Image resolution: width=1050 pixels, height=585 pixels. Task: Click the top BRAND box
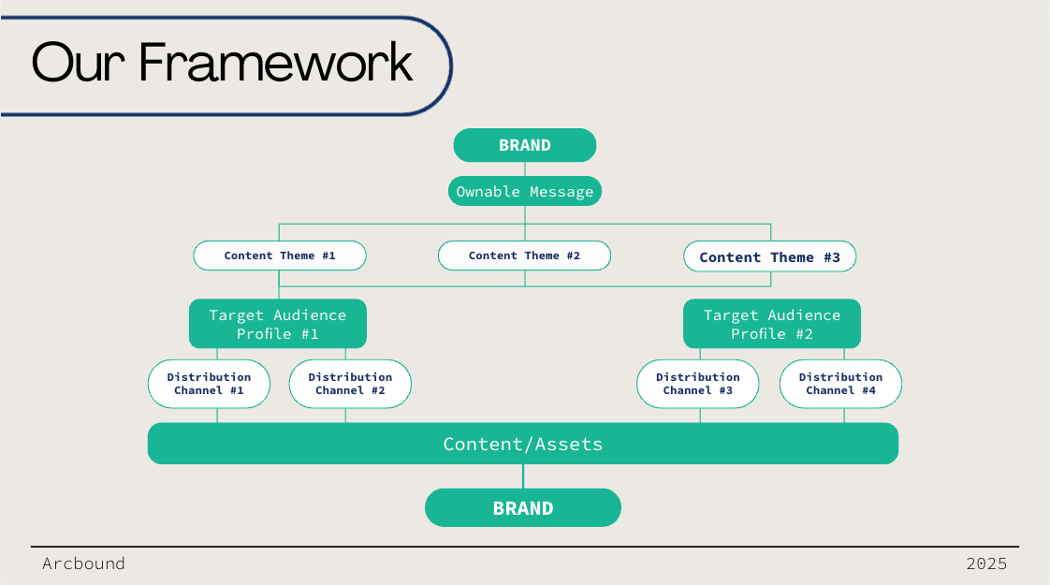pos(525,145)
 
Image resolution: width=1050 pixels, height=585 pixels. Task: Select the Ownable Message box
pos(525,191)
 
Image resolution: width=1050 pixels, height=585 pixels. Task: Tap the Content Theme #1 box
pos(280,256)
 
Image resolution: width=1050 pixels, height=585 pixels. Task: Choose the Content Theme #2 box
pos(524,256)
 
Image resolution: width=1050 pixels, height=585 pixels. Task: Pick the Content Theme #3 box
pos(770,256)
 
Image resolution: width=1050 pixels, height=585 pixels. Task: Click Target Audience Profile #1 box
pos(278,324)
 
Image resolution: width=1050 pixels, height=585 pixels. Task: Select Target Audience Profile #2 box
pos(772,324)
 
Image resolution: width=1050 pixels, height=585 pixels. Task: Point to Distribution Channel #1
pos(209,384)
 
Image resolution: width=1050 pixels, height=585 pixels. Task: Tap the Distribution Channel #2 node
pos(350,384)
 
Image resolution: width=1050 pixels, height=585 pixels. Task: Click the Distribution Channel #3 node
pos(698,384)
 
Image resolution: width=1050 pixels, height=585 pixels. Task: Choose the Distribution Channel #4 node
pos(841,384)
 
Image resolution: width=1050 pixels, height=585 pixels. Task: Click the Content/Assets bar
pos(523,444)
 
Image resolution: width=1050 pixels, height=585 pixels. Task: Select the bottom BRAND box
pos(523,508)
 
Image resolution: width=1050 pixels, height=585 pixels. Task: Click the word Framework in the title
pos(276,63)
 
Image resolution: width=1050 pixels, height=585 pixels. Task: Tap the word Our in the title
pos(79,63)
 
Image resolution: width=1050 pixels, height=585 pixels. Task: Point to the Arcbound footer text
pos(83,563)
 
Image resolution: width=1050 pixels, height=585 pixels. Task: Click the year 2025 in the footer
pos(986,563)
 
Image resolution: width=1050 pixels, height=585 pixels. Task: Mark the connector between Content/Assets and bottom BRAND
pos(523,476)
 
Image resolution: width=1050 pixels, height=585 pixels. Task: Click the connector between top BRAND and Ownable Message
pos(525,168)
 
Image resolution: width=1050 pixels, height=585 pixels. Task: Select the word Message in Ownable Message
pos(561,192)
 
